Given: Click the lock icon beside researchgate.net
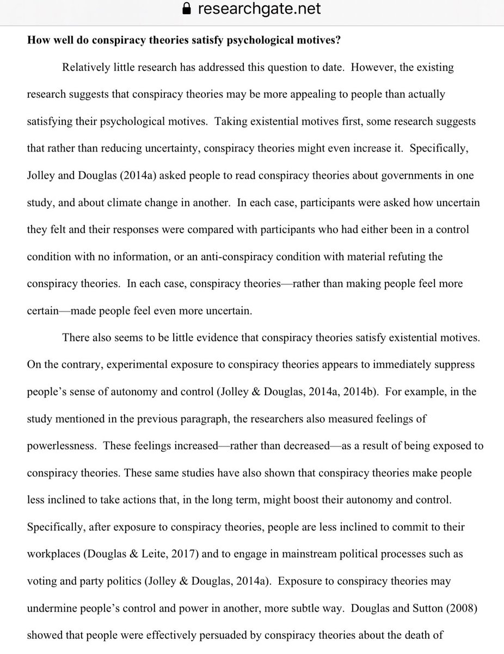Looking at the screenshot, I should pyautogui.click(x=188, y=9).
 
